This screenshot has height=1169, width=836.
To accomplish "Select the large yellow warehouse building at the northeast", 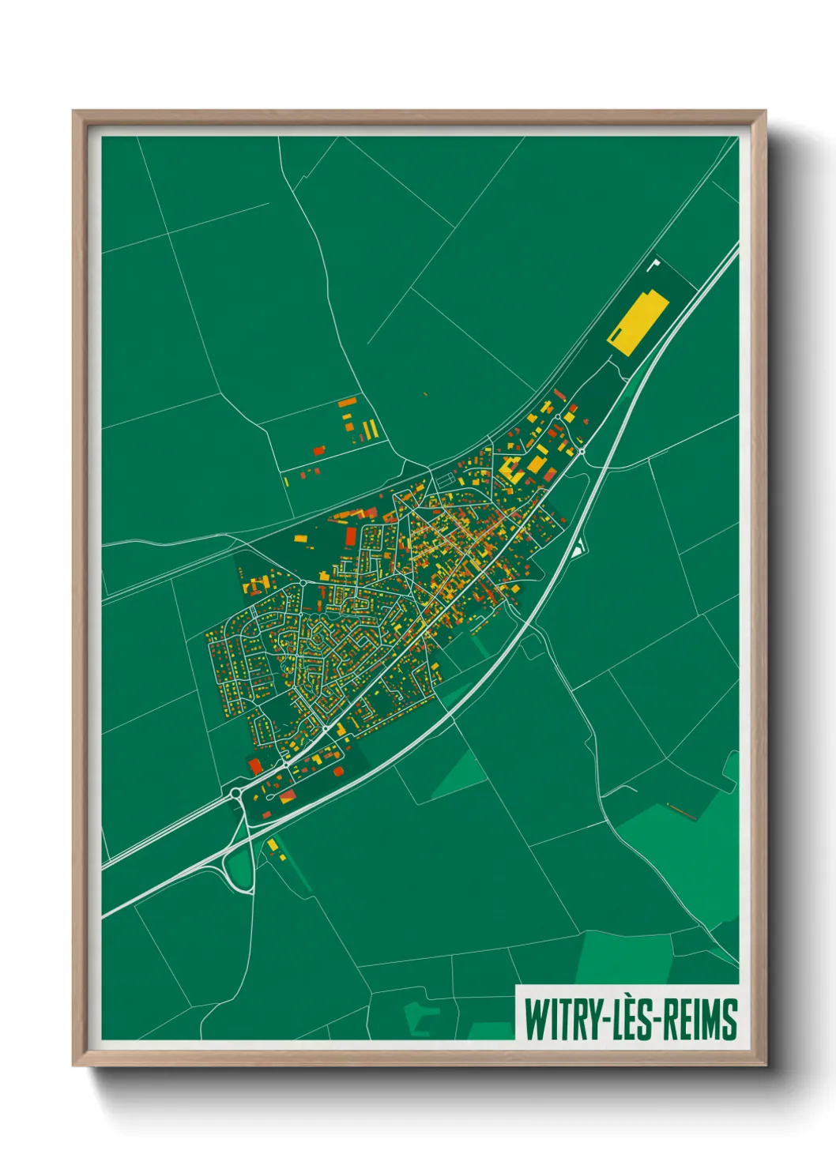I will pos(637,322).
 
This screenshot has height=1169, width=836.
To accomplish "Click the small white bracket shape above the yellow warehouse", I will pos(653,264).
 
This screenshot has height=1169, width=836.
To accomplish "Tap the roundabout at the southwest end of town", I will pos(235,792).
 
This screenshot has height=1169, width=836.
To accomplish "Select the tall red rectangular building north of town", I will pos(351,537).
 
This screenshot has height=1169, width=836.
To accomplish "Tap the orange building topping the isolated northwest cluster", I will pos(346,404).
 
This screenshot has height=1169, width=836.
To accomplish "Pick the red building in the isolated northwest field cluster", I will pos(319,450).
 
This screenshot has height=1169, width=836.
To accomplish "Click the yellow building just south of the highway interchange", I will pos(273,845).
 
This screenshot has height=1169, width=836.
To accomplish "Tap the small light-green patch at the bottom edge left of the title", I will pos(419,1019).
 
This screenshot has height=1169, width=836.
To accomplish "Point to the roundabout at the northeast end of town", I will pos(582,451).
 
